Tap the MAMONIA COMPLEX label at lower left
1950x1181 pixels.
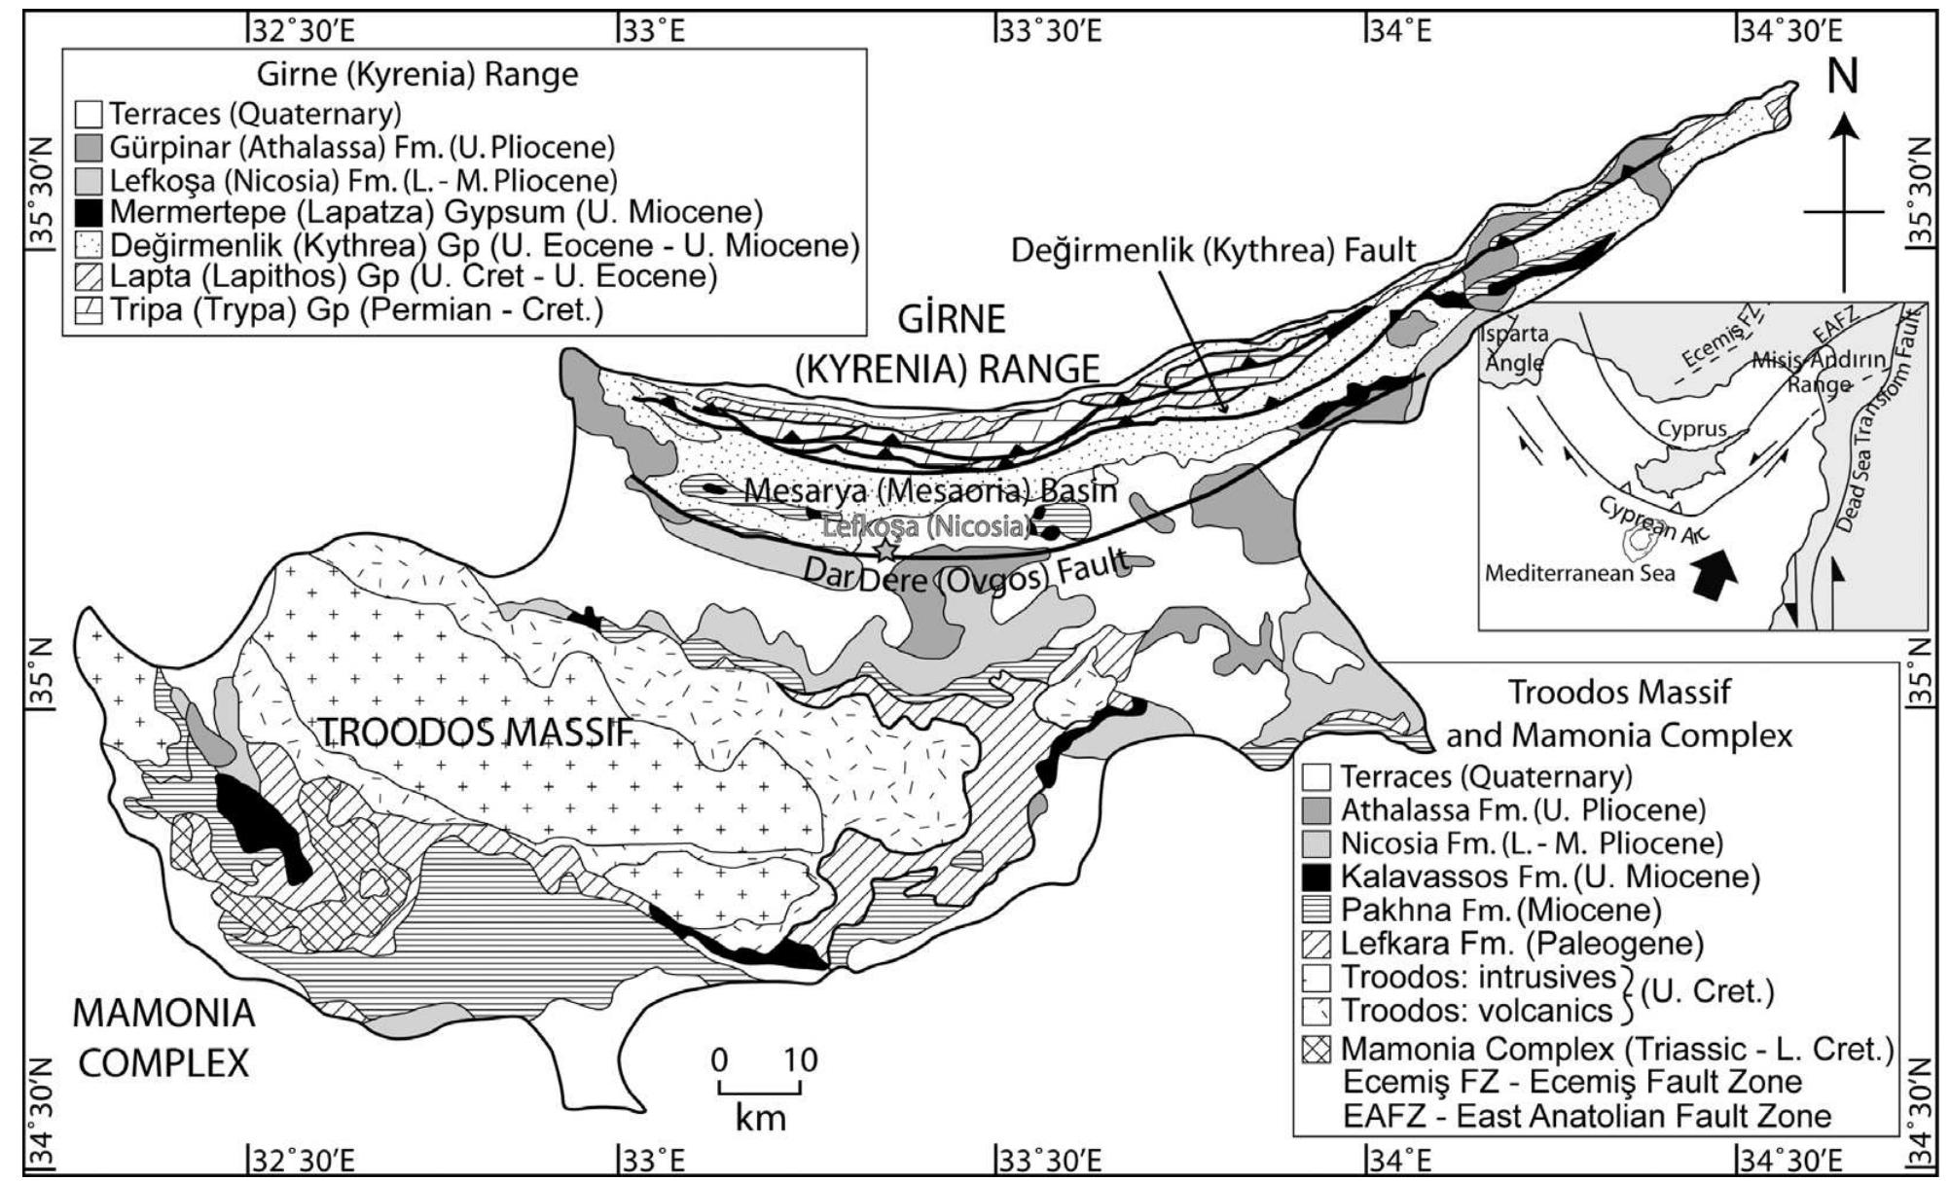(x=163, y=1038)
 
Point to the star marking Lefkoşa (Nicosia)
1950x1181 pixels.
(x=885, y=551)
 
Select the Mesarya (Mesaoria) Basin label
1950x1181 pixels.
(x=930, y=490)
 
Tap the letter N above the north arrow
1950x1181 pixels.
(x=1842, y=77)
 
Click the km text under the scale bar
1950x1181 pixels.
(x=760, y=1117)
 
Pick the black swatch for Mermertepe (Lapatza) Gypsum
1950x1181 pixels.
(x=89, y=212)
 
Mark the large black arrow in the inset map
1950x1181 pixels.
(x=1710, y=573)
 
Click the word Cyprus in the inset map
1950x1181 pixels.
(x=1692, y=428)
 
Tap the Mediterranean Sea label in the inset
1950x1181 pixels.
(x=1579, y=573)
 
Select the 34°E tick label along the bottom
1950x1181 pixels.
(x=1399, y=1160)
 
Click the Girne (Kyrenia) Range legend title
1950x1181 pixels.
(x=416, y=74)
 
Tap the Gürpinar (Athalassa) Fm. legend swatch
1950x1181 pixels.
(x=89, y=148)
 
